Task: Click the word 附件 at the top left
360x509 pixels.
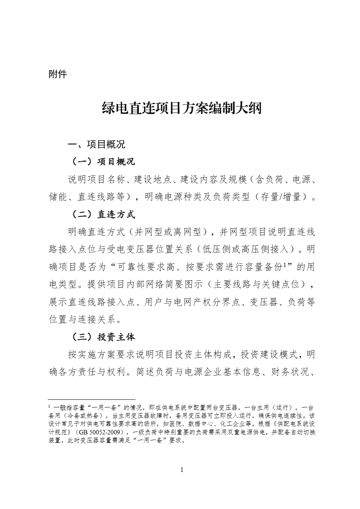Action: pyautogui.click(x=57, y=75)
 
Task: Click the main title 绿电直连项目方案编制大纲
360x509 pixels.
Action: pyautogui.click(x=182, y=108)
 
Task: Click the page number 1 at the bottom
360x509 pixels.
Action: pyautogui.click(x=182, y=469)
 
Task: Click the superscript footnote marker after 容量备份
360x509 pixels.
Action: pyautogui.click(x=285, y=265)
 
